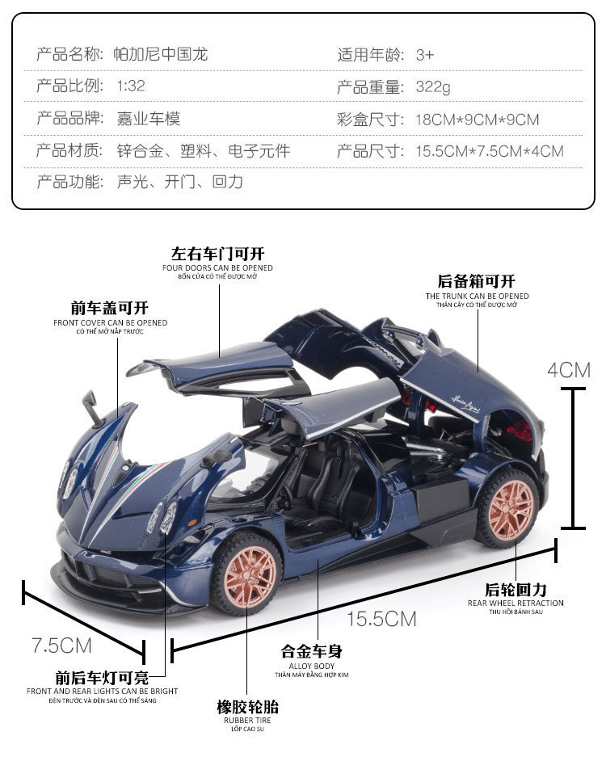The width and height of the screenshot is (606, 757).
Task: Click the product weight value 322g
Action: point(433,87)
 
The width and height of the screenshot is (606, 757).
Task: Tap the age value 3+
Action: point(425,55)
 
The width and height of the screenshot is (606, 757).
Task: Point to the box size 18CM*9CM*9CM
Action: point(477,120)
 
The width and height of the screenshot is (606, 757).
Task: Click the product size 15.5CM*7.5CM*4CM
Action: point(489,151)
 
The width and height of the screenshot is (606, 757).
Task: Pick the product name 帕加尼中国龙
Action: point(162,55)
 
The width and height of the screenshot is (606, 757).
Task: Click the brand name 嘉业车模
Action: point(149,119)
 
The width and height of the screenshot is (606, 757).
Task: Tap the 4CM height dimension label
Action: point(570,370)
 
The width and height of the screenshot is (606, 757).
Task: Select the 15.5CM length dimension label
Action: point(381,619)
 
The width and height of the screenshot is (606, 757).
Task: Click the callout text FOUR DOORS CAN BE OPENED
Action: point(217,267)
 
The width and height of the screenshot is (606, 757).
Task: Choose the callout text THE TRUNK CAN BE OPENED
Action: point(477,296)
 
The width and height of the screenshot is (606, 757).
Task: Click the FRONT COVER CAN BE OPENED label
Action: point(111,322)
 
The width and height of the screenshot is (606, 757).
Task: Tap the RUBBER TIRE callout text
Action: point(247,719)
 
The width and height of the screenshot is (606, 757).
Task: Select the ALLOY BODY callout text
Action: point(313,665)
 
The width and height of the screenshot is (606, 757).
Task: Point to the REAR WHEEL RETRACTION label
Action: point(516,603)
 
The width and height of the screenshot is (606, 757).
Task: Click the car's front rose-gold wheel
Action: point(246,570)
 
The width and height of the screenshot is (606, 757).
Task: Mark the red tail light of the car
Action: point(520,430)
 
